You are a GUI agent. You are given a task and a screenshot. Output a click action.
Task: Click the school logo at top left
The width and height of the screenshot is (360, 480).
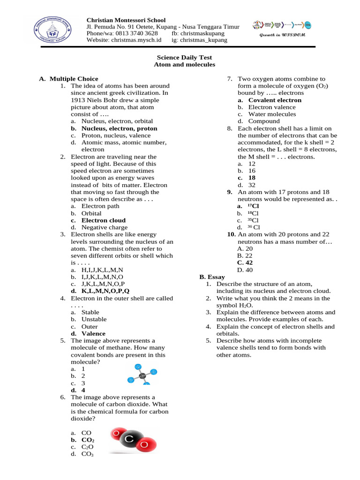coord(52,30)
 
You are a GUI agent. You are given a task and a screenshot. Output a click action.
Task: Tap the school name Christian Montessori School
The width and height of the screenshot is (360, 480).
coord(126,20)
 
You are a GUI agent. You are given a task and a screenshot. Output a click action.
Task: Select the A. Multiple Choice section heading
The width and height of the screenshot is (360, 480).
coord(69,79)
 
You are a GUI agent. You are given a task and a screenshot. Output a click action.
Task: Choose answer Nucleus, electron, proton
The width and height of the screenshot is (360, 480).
coord(119,128)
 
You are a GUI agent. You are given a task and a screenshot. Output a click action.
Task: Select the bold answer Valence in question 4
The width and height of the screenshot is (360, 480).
coord(93,334)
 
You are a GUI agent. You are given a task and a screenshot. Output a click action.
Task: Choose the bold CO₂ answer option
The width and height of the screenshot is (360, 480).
coord(88,440)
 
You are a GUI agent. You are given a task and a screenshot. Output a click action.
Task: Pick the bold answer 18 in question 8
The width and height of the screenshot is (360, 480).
coord(252,178)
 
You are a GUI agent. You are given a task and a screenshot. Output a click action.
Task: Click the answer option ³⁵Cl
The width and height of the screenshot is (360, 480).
coord(253,220)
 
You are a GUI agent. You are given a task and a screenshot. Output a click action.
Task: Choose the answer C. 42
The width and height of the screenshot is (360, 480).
coord(245,263)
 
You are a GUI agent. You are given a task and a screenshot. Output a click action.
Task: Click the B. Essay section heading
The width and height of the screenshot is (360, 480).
coord(212,277)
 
